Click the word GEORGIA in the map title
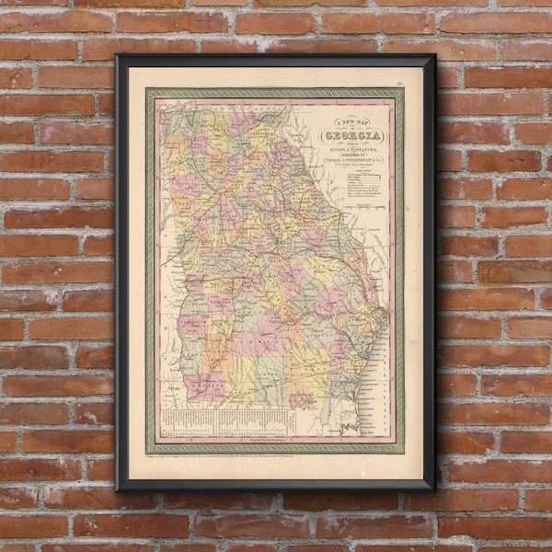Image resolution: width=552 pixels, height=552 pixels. (351, 136)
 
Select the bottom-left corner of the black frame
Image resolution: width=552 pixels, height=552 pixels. (119, 487)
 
